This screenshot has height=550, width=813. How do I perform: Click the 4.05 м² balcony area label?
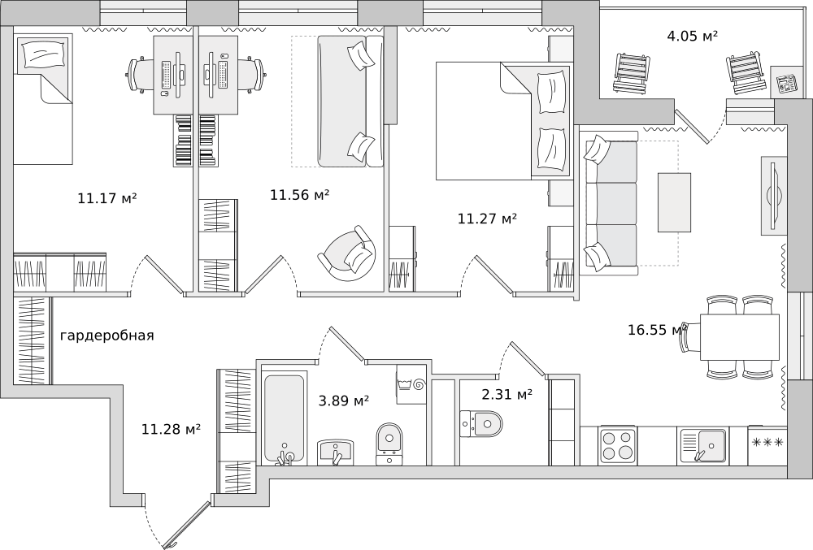coord(692,36)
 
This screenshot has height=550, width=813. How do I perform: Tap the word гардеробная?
coord(107,336)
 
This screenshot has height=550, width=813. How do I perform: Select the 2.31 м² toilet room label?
coord(507,395)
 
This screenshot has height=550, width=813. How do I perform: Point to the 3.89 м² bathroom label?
coord(343,401)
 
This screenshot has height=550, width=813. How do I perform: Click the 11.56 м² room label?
coord(300,195)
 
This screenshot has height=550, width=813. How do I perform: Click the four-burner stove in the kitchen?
coord(618,445)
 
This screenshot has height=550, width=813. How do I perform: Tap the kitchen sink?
coord(703,445)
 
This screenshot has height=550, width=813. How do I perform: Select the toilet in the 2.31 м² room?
coord(481,424)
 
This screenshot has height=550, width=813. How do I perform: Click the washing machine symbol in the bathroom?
coord(411,383)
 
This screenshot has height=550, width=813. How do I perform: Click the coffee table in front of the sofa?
coord(674,202)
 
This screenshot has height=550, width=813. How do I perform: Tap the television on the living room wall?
coord(774,195)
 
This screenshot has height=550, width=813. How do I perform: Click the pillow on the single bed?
coord(42,53)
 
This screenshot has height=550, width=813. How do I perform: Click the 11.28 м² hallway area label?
coord(171,429)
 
